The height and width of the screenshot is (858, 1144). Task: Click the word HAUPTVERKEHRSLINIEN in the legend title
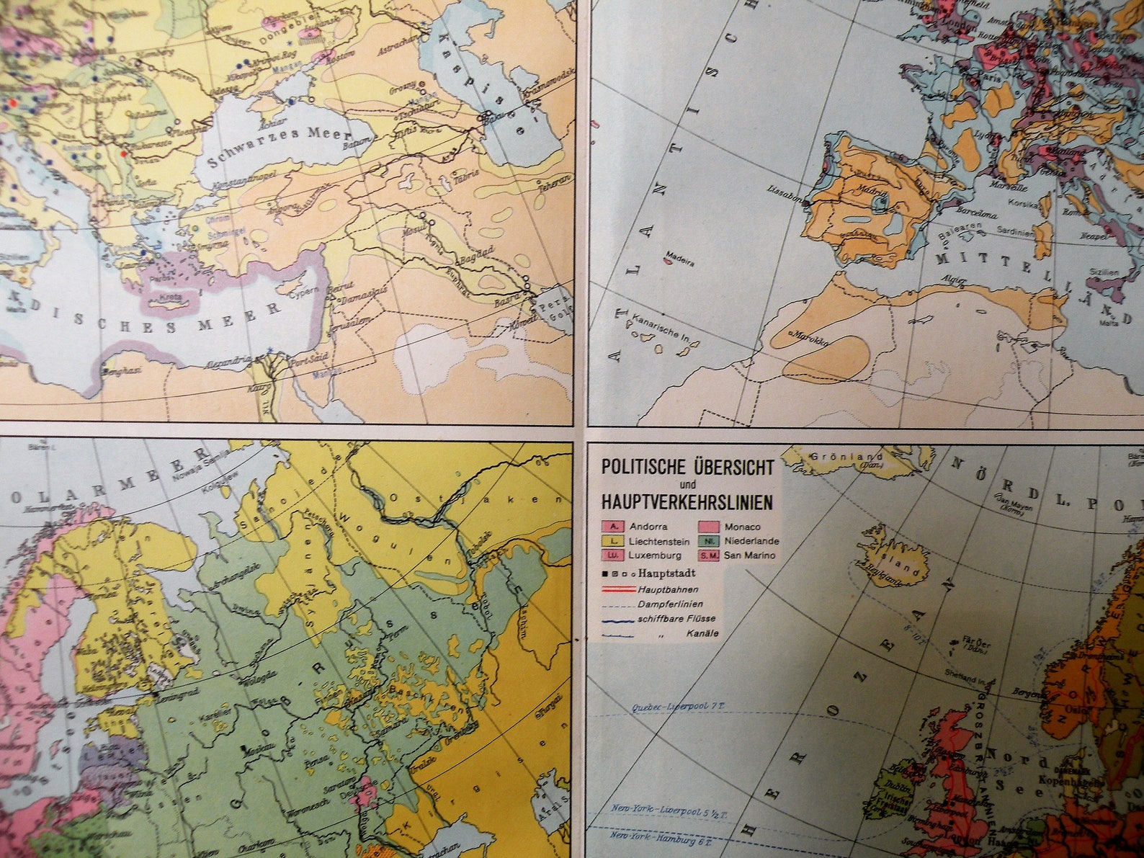688,503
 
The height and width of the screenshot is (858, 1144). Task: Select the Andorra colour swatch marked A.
613,527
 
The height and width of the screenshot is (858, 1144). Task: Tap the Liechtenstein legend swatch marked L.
613,541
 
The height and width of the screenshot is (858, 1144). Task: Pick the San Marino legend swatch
709,555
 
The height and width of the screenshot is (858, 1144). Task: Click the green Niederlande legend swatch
709,541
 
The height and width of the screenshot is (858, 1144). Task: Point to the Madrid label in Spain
873,189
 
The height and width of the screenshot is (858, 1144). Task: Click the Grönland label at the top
836,457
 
